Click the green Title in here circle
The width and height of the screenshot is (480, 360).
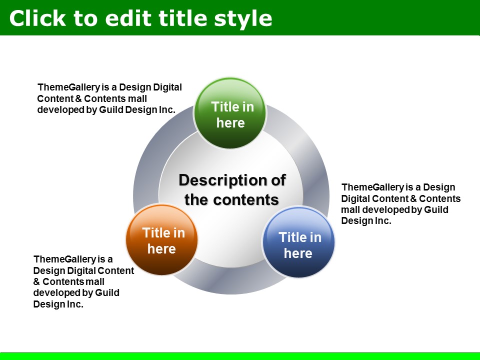230,113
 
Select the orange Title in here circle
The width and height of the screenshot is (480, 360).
161,239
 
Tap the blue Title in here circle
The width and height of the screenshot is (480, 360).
298,242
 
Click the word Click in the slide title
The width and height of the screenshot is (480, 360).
37,18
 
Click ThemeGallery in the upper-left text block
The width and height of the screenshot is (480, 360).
68,87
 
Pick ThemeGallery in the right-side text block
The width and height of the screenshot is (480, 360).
372,187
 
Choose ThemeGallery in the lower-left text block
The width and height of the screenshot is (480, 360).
64,259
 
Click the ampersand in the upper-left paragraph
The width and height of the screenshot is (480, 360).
78,99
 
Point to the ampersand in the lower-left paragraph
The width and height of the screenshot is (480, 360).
36,281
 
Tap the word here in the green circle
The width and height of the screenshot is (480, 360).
230,123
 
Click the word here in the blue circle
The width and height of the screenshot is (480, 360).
298,253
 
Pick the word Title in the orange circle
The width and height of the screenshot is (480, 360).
154,233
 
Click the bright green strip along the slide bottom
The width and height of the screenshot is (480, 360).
240,356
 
